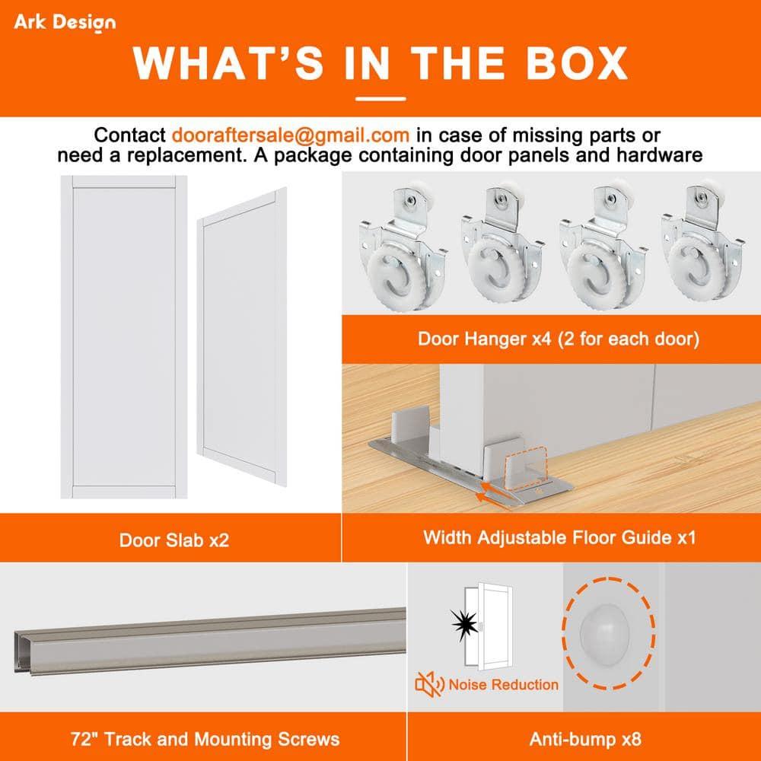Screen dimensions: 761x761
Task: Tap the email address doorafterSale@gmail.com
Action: pyautogui.click(x=291, y=135)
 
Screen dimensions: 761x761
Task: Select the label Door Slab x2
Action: pyautogui.click(x=174, y=540)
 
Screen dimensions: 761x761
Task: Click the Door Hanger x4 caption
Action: pyautogui.click(x=558, y=338)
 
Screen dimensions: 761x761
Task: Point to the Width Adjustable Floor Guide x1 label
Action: pyautogui.click(x=559, y=538)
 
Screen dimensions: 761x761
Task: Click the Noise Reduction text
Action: pyautogui.click(x=503, y=684)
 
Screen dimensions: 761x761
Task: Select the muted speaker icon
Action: pyautogui.click(x=430, y=685)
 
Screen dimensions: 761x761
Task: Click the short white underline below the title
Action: pyautogui.click(x=380, y=98)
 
